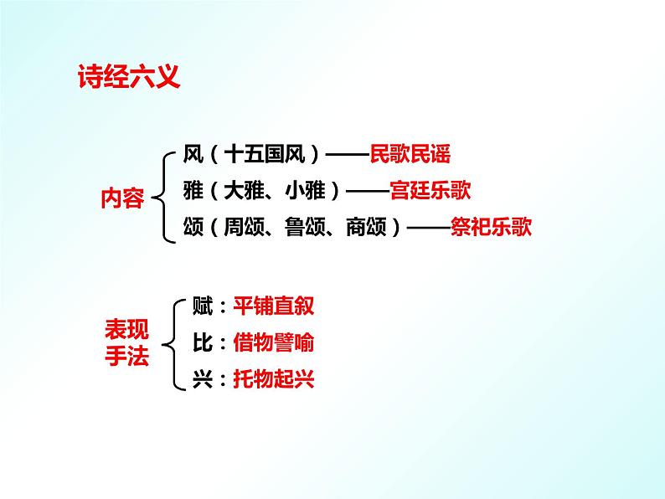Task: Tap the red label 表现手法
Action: (x=126, y=343)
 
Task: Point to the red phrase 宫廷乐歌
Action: (x=430, y=190)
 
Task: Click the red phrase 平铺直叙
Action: (x=273, y=306)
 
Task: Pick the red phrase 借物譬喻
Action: (x=273, y=342)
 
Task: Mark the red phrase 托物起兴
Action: (x=273, y=379)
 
